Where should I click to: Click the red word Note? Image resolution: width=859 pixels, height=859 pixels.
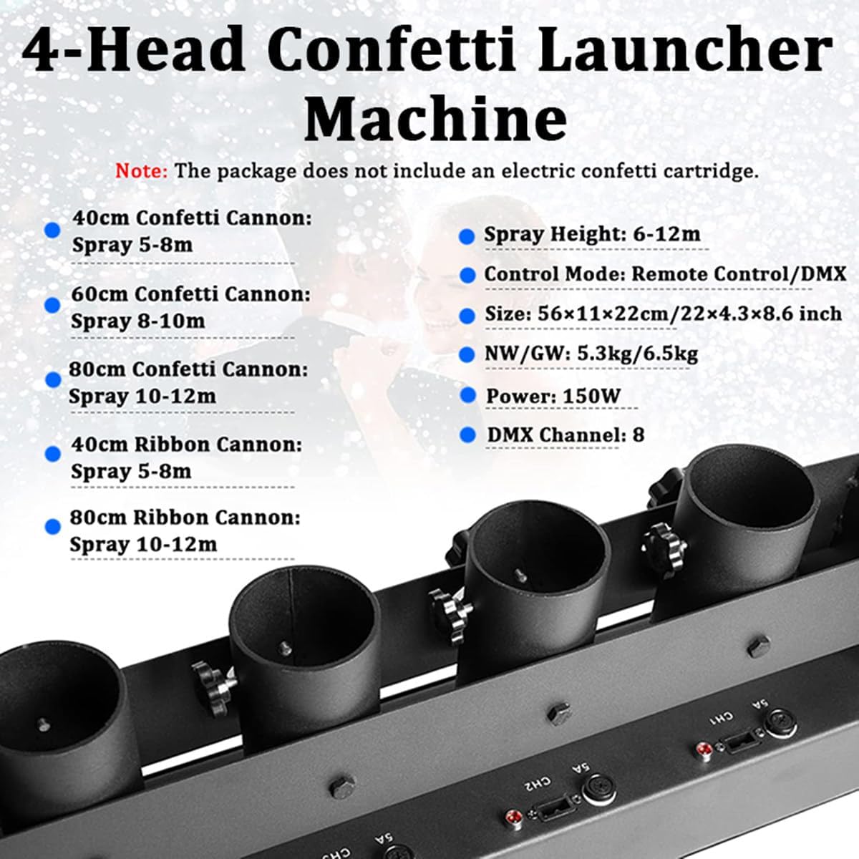tap(141, 171)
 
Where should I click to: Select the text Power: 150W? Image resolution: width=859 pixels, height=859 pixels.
tap(553, 396)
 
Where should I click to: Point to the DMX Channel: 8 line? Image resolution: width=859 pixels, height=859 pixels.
tap(566, 435)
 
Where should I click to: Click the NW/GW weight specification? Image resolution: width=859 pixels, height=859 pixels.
tap(591, 354)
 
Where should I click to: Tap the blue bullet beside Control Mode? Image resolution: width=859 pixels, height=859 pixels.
tap(467, 276)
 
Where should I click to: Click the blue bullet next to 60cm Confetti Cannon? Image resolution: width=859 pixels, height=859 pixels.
tap(52, 306)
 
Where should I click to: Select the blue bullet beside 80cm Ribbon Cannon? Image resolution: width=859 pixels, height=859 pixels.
tap(52, 526)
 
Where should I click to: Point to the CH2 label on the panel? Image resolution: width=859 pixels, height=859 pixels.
tap(537, 783)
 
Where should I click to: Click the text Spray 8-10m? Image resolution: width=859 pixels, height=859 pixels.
tap(138, 321)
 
